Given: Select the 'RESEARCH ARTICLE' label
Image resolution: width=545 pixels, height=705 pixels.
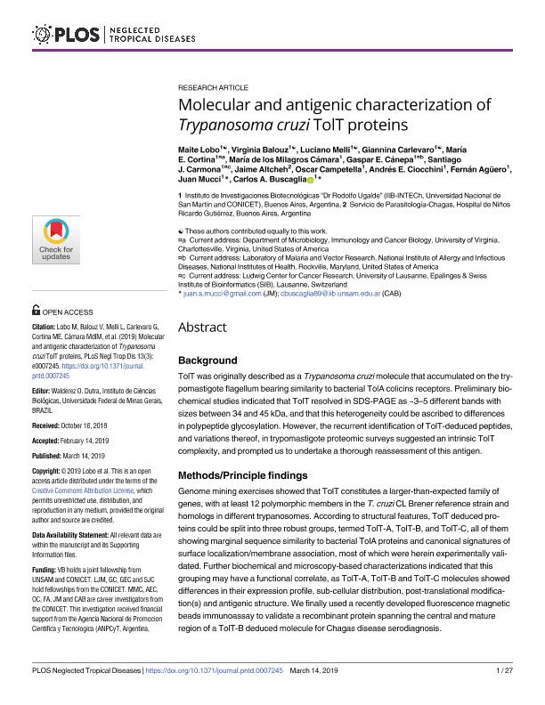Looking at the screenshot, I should pyautogui.click(x=214, y=91).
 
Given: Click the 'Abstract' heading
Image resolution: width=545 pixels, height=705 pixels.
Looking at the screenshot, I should pyautogui.click(x=204, y=327).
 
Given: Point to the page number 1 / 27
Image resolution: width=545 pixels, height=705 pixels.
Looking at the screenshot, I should pyautogui.click(x=503, y=692).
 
